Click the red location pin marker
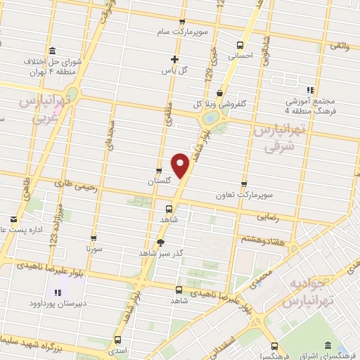(x=181, y=166)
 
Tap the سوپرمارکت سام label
(x=183, y=32)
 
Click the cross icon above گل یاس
(x=176, y=59)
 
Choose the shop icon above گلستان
(x=158, y=170)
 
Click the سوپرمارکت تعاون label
(x=244, y=193)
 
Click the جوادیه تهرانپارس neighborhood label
(x=307, y=292)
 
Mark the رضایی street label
(x=268, y=218)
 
